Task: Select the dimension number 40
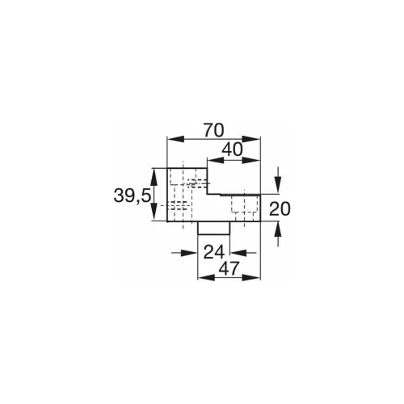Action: pyautogui.click(x=233, y=149)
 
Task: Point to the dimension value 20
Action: pyautogui.click(x=280, y=209)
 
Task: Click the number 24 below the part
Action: pyautogui.click(x=214, y=251)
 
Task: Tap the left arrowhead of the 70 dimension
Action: pyautogui.click(x=170, y=139)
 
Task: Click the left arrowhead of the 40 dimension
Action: pyautogui.click(x=213, y=159)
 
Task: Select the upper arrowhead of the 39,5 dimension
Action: pyautogui.click(x=155, y=171)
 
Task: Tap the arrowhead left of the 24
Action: pyautogui.click(x=194, y=253)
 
